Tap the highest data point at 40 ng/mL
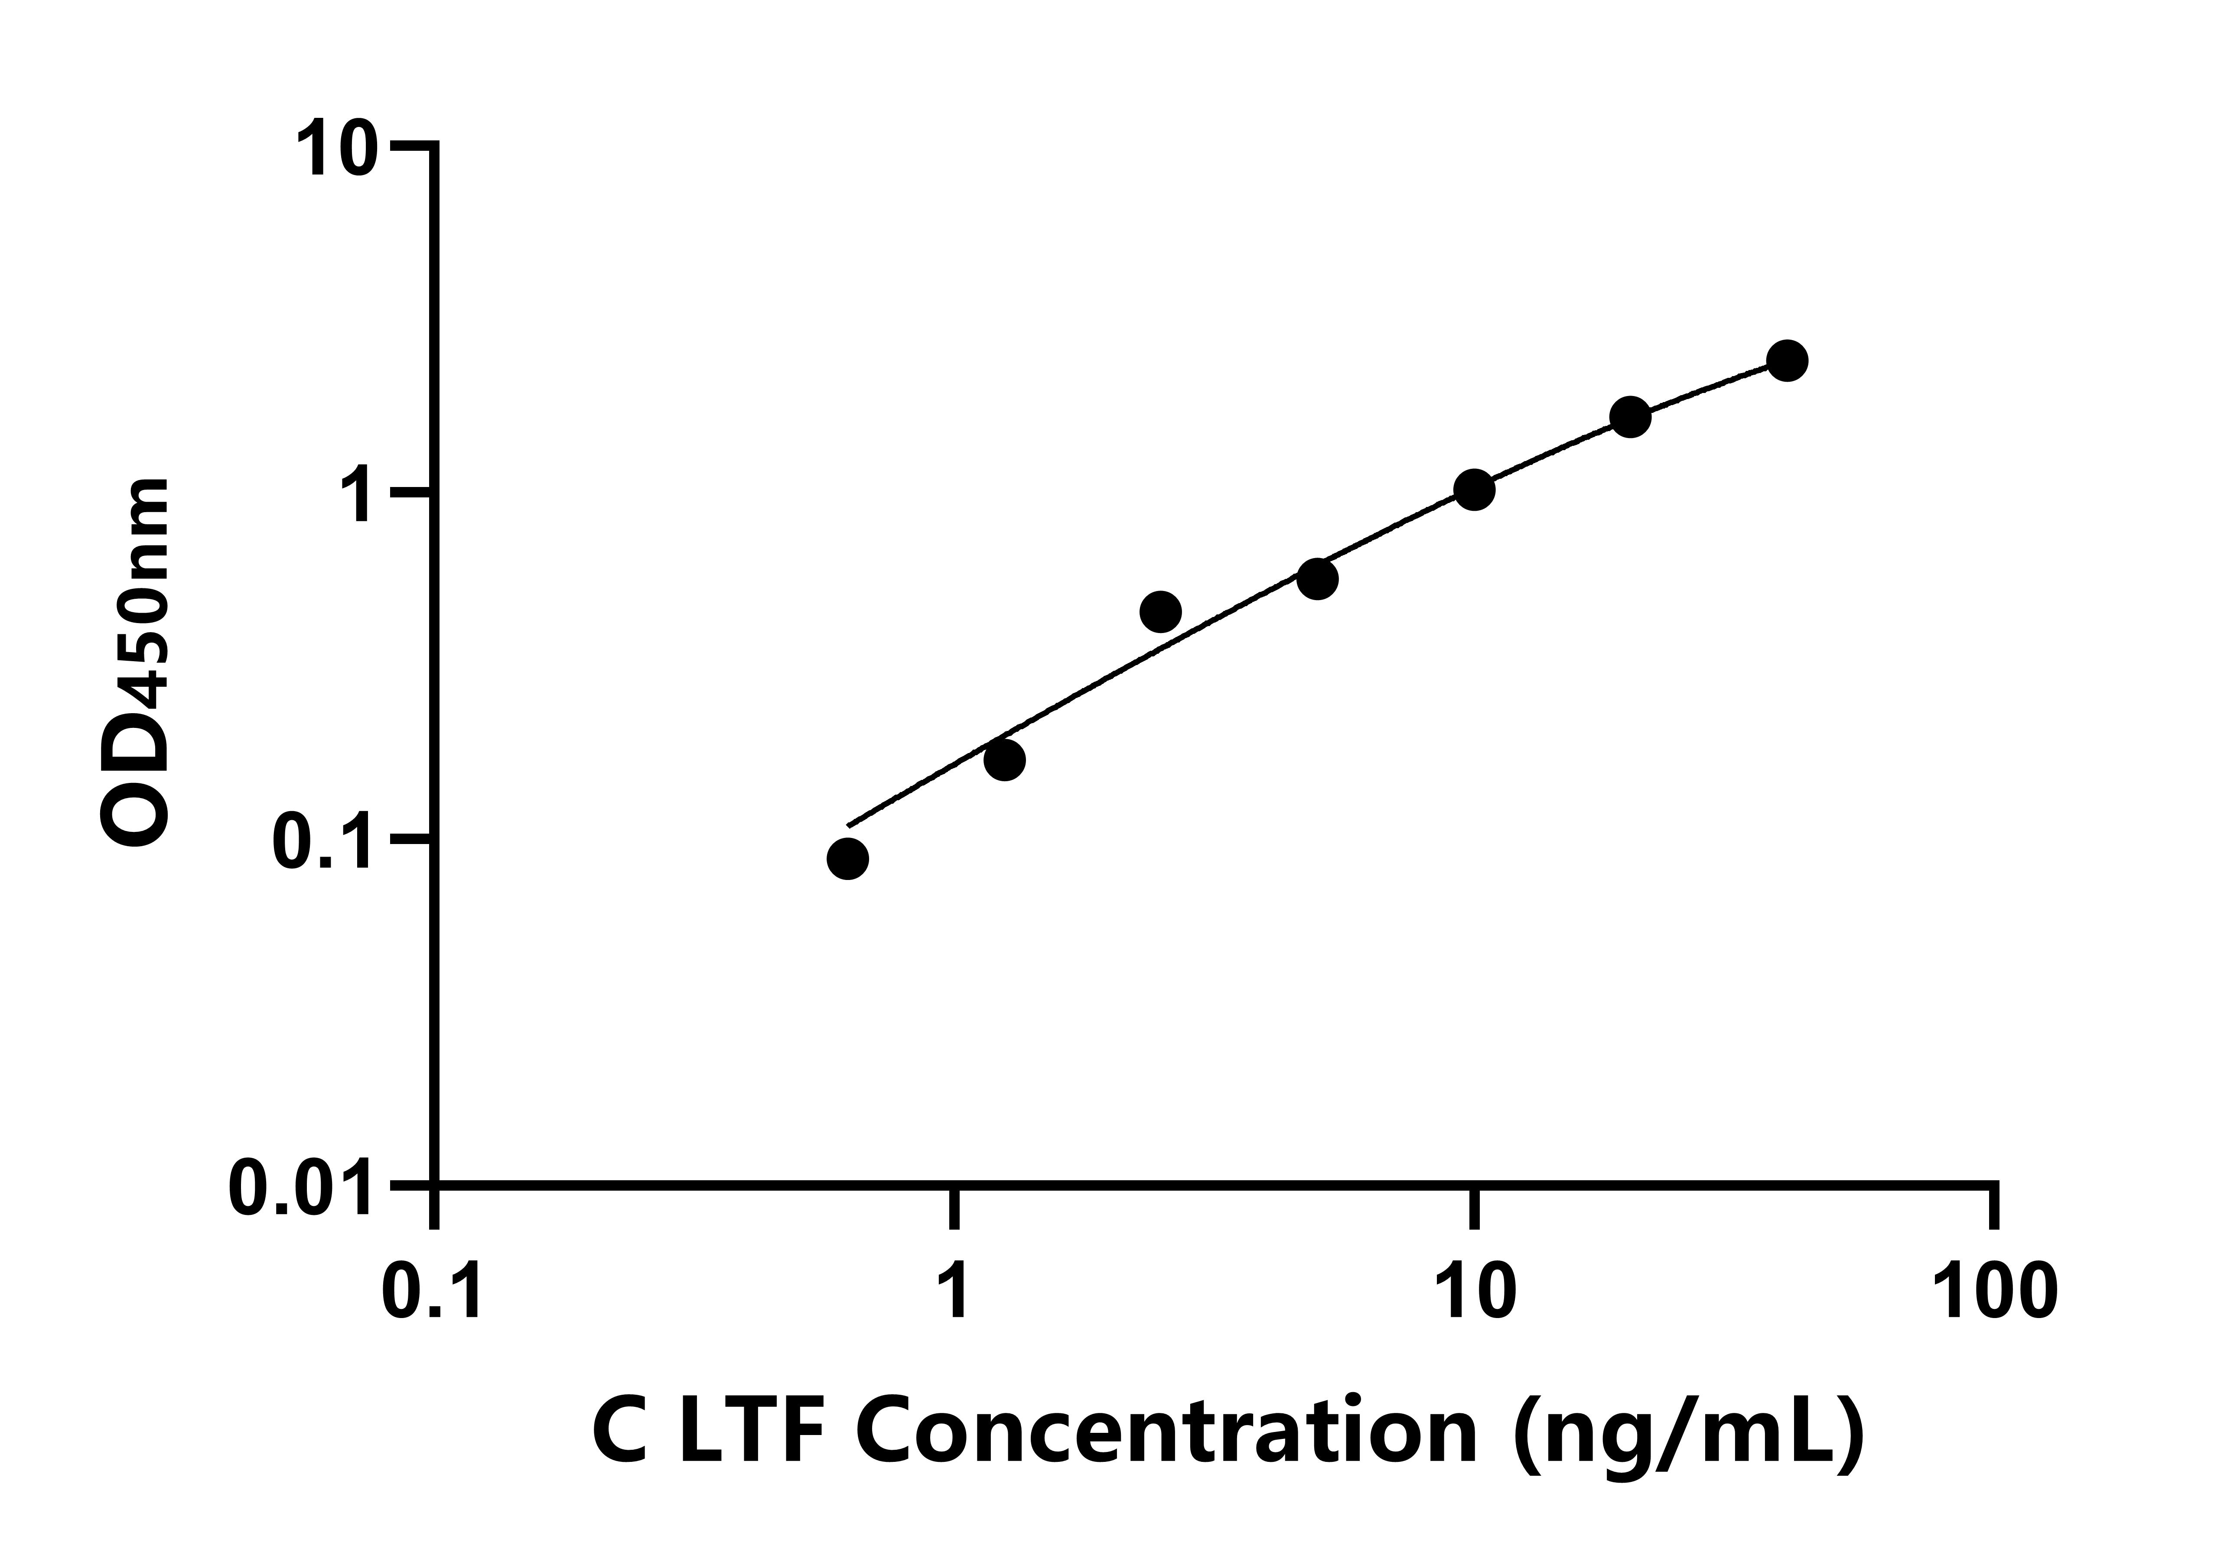tap(1788, 361)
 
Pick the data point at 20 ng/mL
tap(1631, 417)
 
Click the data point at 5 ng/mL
tap(1317, 579)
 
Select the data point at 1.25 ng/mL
tap(1004, 760)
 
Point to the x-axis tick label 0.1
tap(432, 1294)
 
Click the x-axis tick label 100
tap(1995, 1294)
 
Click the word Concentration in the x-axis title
tap(1168, 1434)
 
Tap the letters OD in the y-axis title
tap(136, 783)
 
